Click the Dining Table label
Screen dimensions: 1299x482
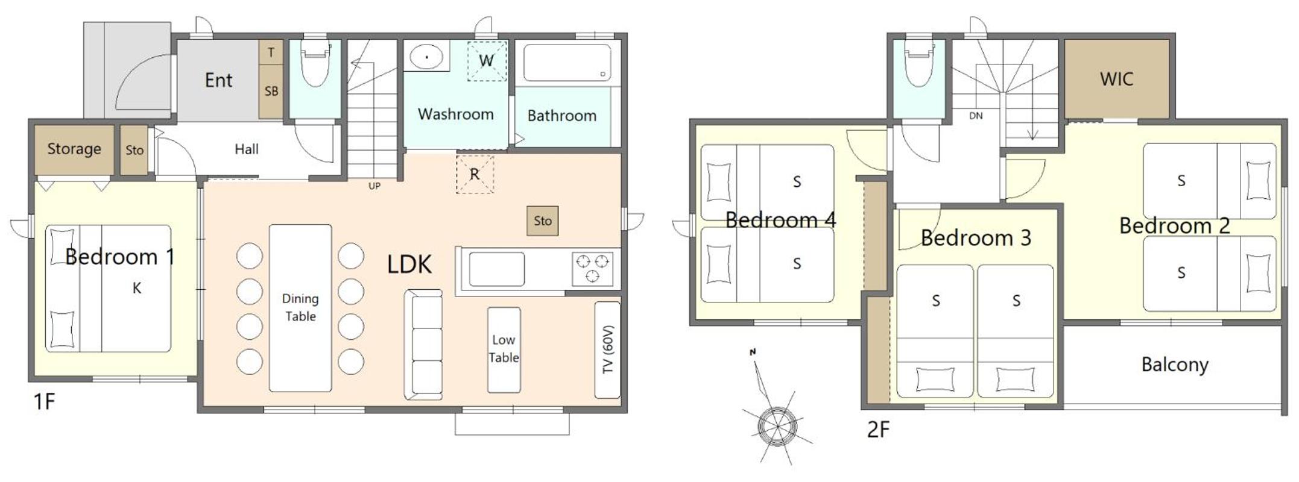[x=300, y=307]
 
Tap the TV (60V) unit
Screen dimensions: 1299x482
[x=607, y=350]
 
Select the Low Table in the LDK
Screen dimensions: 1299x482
[x=504, y=350]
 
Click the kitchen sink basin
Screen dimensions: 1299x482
[x=496, y=269]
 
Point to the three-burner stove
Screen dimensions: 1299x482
[x=592, y=269]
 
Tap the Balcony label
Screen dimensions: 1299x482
[x=1174, y=365]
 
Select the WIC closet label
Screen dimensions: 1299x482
[x=1116, y=79]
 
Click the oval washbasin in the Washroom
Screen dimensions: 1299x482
[x=428, y=57]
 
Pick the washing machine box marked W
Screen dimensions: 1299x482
[x=487, y=60]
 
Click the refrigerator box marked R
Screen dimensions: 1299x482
[x=475, y=174]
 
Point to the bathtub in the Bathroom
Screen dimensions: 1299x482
[x=567, y=63]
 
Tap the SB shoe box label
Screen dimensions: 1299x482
[x=271, y=91]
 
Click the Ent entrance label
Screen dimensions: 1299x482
[x=218, y=80]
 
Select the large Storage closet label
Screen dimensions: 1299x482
[x=74, y=149]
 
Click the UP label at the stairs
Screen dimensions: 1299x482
[x=375, y=186]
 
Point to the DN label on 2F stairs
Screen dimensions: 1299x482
[x=976, y=116]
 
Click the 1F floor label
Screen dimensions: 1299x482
[x=45, y=401]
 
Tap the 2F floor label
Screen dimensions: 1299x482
[x=878, y=430]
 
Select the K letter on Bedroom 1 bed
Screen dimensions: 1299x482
[x=137, y=288]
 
